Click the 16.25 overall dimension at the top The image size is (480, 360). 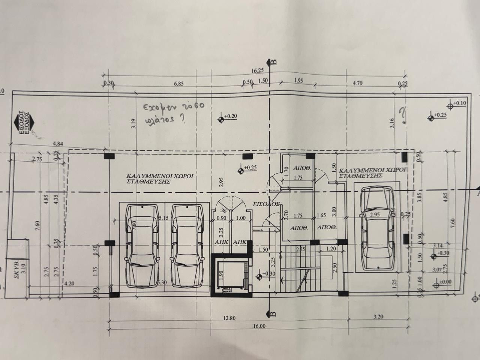(x=256, y=70)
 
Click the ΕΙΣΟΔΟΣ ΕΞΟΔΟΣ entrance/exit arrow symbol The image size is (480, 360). (x=22, y=121)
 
